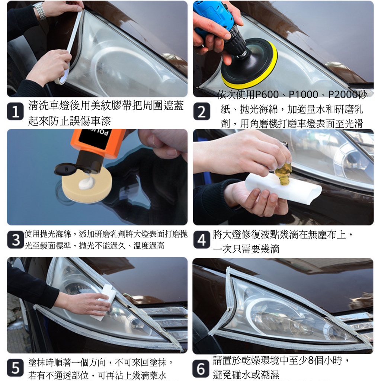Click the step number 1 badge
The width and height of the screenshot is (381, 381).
coord(15,112)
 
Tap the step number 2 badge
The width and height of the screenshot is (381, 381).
coord(202,112)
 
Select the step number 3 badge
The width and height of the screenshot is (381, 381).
coord(16,240)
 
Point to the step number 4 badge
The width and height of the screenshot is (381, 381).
coord(202,240)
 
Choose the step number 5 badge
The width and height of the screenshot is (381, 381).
coord(15,368)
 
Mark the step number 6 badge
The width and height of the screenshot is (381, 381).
coord(201,368)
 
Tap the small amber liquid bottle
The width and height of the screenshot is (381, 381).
coord(283,173)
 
